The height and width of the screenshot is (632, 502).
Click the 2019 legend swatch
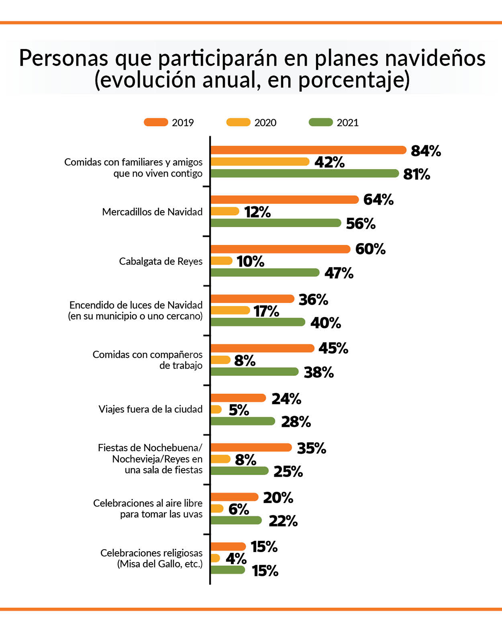pyautogui.click(x=156, y=122)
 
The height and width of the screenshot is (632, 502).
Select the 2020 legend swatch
pyautogui.click(x=238, y=122)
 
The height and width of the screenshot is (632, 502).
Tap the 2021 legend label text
pyautogui.click(x=347, y=123)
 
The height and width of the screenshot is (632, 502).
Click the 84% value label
pyautogui.click(x=426, y=151)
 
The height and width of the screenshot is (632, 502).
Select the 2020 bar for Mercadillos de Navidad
pyautogui.click(x=225, y=211)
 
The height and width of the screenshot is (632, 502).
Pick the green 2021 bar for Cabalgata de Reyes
pyautogui.click(x=265, y=272)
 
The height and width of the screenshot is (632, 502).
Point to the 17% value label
pyautogui.click(x=266, y=311)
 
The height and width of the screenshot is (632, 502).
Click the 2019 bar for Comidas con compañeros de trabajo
pyautogui.click(x=262, y=348)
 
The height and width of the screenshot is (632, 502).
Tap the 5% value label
pyautogui.click(x=239, y=410)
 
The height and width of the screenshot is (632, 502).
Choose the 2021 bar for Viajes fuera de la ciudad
pyautogui.click(x=243, y=421)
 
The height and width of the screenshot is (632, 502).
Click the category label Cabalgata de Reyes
pyautogui.click(x=161, y=262)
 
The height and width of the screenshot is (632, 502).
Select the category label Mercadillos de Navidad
pyautogui.click(x=152, y=212)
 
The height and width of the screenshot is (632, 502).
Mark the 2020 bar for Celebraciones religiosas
pyautogui.click(x=215, y=558)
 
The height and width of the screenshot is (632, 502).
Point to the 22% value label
pyautogui.click(x=283, y=521)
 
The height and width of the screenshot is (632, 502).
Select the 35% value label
pyautogui.click(x=311, y=448)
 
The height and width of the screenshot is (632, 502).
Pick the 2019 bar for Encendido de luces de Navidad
pyautogui.click(x=252, y=299)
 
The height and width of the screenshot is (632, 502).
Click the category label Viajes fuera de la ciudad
pyautogui.click(x=151, y=409)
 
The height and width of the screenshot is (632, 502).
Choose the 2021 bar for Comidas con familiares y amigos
pyautogui.click(x=305, y=173)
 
